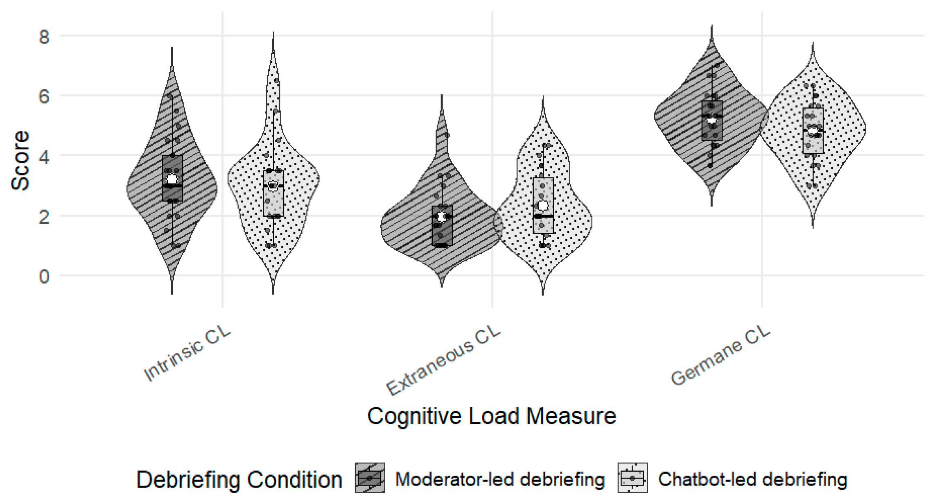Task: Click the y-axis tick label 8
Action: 44,37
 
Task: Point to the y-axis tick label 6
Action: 44,97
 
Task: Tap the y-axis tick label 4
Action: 44,157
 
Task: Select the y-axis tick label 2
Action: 44,216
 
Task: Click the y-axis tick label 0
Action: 44,277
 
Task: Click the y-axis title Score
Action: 20,161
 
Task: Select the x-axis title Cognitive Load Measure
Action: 492,416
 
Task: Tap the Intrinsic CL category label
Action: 187,354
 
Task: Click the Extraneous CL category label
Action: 443,361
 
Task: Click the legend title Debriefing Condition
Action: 239,479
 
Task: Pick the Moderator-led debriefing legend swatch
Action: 370,478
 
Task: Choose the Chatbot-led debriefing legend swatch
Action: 632,478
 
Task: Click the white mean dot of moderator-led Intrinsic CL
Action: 172,179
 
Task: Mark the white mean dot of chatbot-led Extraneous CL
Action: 543,205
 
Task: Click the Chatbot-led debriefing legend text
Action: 752,479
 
